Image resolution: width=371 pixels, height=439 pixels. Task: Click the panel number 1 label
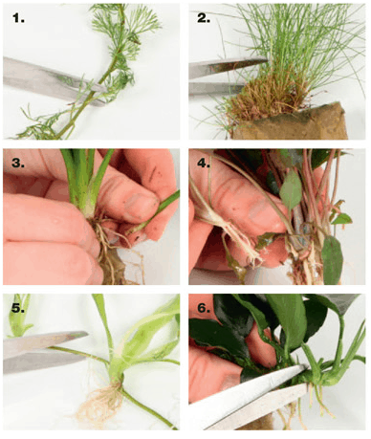(18, 18)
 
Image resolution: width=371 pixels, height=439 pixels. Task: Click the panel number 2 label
(204, 18)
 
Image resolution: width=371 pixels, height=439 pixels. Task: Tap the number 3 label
(18, 163)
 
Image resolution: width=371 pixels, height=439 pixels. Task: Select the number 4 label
(204, 163)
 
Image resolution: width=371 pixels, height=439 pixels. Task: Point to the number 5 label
(18, 308)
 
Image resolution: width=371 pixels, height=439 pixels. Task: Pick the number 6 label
(204, 308)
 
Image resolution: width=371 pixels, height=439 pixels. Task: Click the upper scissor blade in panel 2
(228, 67)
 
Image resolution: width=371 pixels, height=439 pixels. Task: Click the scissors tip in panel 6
(306, 367)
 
